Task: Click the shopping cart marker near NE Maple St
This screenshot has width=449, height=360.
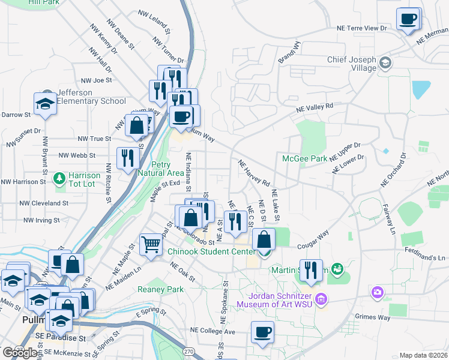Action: (x=151, y=243)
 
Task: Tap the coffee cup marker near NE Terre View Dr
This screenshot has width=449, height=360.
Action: (x=408, y=19)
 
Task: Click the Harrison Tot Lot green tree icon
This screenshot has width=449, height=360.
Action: (x=59, y=178)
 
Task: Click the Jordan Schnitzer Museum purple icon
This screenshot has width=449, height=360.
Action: (x=321, y=298)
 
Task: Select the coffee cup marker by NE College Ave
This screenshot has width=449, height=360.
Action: (x=262, y=332)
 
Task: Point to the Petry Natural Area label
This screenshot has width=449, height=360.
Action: (x=159, y=169)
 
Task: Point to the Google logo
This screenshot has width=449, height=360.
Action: (x=21, y=352)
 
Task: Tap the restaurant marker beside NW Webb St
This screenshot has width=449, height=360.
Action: (x=127, y=158)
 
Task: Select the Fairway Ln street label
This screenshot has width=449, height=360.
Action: (x=388, y=219)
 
